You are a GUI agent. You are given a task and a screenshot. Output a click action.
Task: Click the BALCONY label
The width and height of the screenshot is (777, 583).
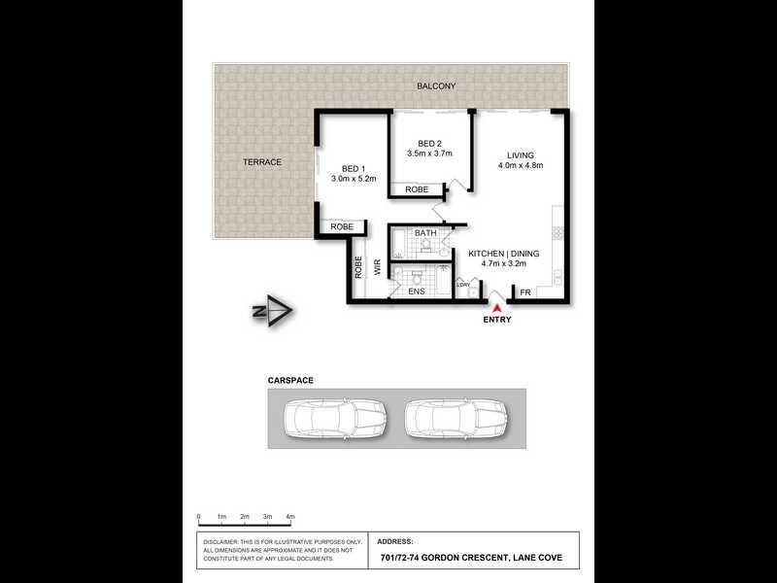tap(436, 86)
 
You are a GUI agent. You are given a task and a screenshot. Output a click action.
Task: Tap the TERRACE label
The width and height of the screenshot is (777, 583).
tap(261, 162)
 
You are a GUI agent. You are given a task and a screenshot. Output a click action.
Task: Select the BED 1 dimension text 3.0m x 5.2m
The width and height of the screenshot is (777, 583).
tap(353, 179)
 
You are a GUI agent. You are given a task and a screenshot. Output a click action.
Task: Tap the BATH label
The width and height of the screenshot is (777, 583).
tap(425, 233)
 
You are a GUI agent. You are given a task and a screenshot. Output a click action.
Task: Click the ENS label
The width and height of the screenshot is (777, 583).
tap(415, 291)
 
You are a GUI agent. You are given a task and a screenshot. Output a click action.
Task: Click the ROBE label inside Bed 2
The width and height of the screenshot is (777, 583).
tap(417, 189)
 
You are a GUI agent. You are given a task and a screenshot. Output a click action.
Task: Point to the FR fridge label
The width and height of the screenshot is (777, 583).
tap(525, 292)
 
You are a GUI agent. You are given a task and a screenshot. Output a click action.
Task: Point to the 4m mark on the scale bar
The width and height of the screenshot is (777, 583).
tap(289, 517)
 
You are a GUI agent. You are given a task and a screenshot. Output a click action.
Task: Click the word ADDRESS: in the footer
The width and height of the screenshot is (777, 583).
tap(394, 541)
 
